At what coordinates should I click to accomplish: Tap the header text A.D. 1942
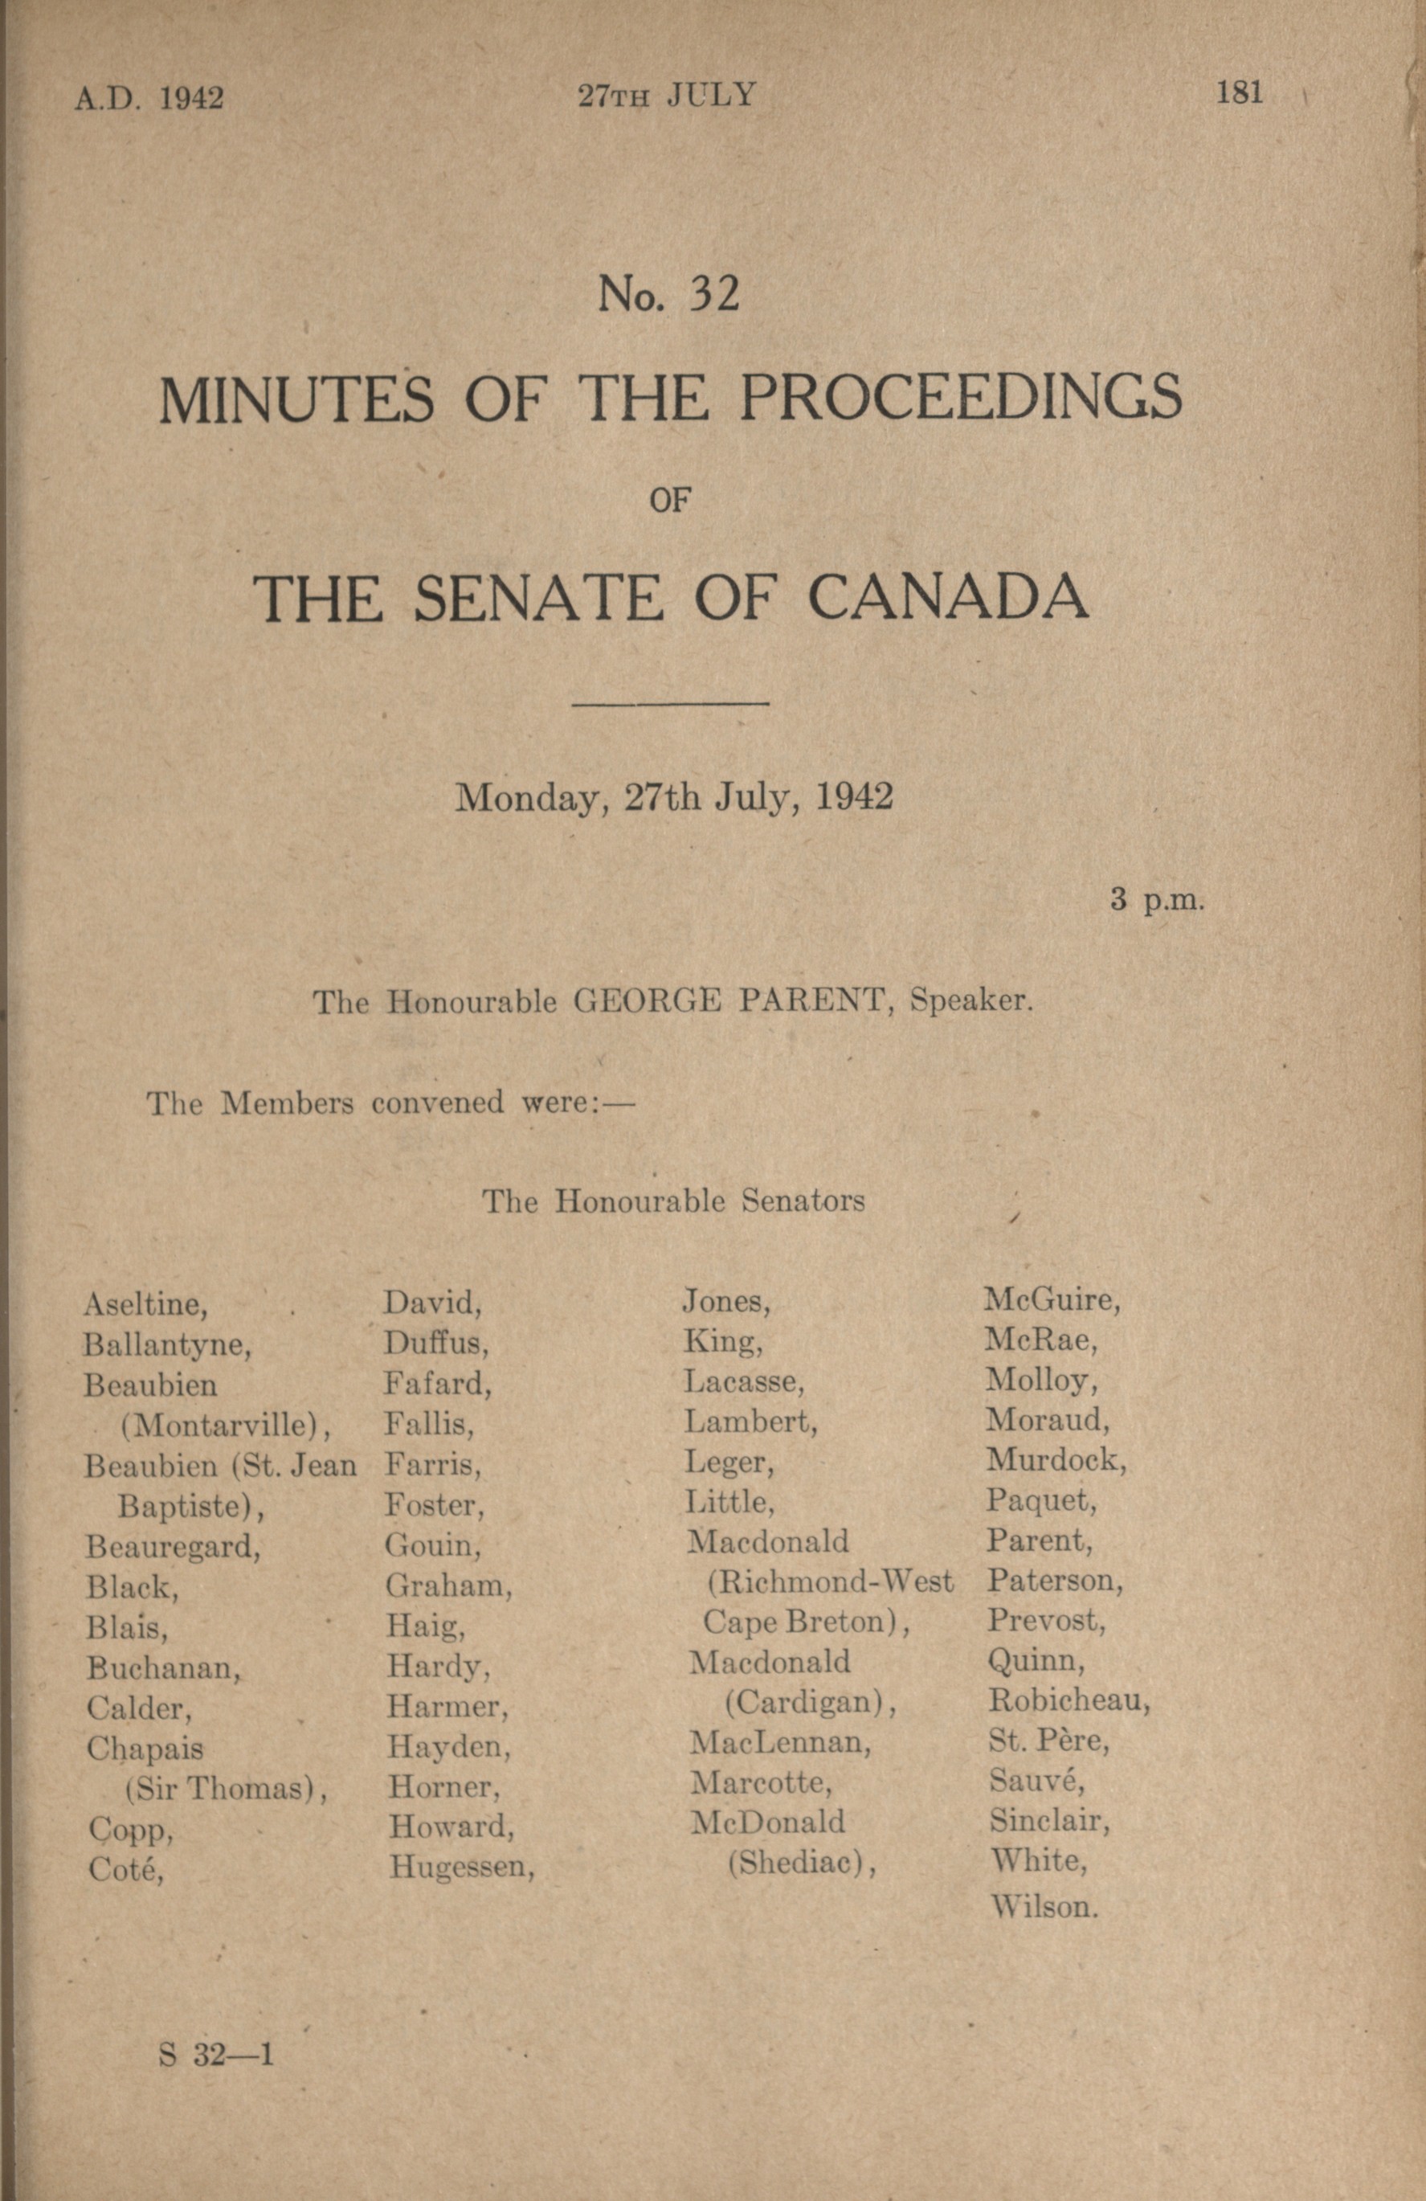coord(149,97)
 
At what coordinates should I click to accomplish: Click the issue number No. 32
coord(668,293)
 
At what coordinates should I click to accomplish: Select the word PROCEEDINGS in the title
coord(961,398)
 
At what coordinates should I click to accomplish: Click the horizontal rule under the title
coord(671,705)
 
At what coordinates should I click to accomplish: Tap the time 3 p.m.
coord(1157,900)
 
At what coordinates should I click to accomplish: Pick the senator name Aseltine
coord(145,1304)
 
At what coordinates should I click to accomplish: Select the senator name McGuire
coord(1052,1300)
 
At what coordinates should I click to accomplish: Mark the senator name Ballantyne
coord(167,1344)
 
